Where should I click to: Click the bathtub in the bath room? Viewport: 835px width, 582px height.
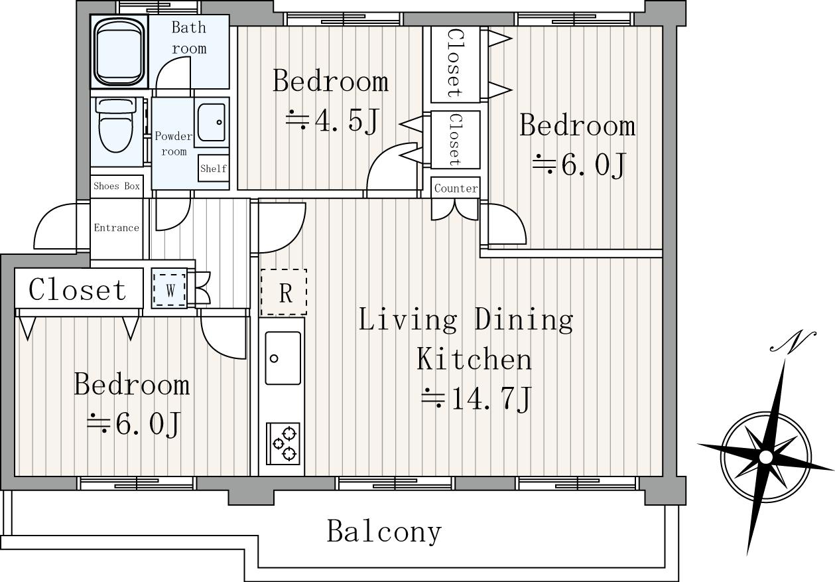point(119,52)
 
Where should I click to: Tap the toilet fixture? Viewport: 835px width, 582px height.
point(116,125)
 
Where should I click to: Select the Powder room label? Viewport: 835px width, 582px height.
point(174,143)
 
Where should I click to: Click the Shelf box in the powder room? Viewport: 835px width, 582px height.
point(213,169)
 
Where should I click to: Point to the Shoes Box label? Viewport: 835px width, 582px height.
point(117,186)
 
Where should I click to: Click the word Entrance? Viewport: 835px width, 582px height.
point(116,228)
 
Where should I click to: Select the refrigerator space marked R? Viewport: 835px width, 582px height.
point(284,292)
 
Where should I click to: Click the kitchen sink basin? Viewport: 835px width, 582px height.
point(283,358)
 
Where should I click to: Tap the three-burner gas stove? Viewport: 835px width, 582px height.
point(283,443)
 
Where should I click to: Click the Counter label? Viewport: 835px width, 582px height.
point(456,188)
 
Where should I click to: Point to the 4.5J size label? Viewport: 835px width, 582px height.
point(332,120)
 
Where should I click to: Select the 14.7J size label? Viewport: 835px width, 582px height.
point(476,400)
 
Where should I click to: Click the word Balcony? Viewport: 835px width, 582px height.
point(384,532)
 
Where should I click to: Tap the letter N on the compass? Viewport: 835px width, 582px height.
point(793,341)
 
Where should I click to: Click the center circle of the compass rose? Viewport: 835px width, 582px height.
point(765,457)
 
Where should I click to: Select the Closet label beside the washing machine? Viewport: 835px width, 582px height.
point(78,289)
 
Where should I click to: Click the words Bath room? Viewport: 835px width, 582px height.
point(189,38)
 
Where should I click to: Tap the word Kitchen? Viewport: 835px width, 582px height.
point(474,358)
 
